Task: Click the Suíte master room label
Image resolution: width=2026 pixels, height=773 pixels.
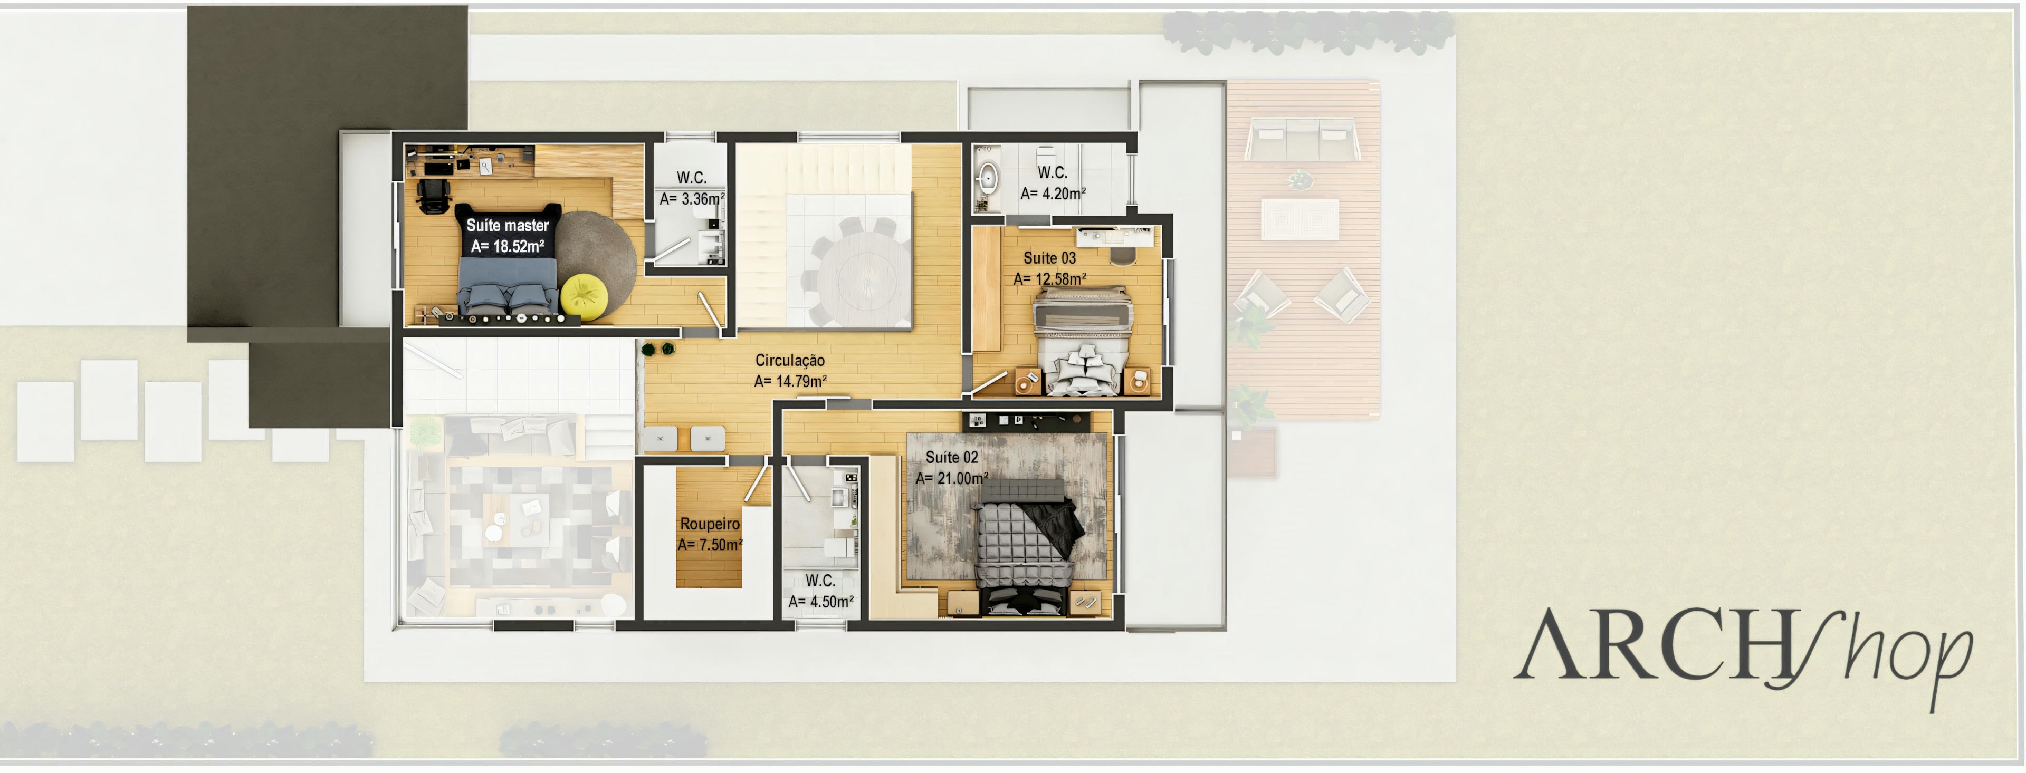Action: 507,226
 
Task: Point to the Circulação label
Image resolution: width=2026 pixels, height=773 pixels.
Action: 790,360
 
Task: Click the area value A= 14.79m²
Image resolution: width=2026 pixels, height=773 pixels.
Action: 790,381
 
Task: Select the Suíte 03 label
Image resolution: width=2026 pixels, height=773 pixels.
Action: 1049,258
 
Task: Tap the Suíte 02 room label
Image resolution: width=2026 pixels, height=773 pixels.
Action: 952,457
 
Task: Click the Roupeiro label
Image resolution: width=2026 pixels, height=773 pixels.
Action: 710,524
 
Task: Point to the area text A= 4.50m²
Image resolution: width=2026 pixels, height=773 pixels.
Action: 820,602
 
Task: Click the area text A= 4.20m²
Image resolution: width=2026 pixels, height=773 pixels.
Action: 1053,194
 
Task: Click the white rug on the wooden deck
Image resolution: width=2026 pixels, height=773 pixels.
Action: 1299,219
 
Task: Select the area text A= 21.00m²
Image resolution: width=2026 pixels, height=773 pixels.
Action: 952,478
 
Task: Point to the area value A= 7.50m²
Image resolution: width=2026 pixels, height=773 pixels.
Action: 710,545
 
